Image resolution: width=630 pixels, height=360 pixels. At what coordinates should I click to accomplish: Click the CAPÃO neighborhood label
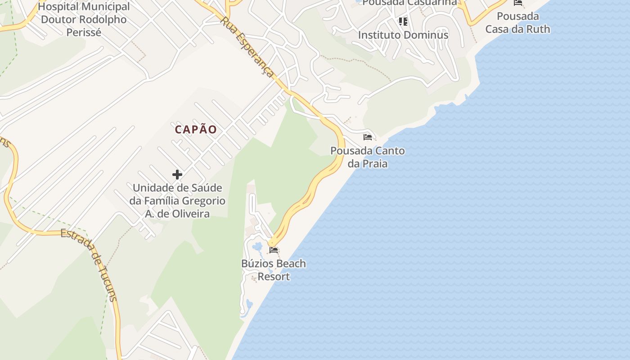coord(196,130)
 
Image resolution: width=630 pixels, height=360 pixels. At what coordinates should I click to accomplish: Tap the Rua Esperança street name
coord(247,48)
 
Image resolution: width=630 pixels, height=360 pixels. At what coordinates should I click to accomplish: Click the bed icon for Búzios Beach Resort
coord(274,250)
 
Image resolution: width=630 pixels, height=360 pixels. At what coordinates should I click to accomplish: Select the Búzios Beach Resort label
coord(274,270)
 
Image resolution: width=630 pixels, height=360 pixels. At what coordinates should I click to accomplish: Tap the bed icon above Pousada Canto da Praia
coord(368,137)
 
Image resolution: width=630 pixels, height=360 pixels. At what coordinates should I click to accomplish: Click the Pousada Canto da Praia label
coord(368,157)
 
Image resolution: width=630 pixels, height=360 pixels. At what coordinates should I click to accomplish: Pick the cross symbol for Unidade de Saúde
coord(177,175)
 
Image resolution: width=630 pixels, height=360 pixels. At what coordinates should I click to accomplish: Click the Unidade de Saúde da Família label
coord(177,201)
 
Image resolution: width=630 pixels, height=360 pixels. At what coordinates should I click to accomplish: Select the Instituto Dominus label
coord(403,35)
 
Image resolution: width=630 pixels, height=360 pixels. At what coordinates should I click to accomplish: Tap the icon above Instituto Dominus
coord(403,21)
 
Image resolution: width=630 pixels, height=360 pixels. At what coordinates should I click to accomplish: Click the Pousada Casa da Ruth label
coord(518,23)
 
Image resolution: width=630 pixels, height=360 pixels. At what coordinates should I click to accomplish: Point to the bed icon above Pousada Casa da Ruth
coord(518,3)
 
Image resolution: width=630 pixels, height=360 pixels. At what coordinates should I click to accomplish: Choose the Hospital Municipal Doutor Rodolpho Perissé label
coord(84,19)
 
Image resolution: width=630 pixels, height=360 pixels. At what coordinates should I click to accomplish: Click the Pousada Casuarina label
coord(409,3)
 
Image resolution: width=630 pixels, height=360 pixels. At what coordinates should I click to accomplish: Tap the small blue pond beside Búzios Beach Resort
coord(257,247)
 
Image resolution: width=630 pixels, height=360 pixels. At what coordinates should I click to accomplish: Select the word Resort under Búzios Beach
coord(274,277)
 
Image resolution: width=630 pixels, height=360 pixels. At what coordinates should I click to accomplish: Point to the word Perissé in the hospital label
coord(84,32)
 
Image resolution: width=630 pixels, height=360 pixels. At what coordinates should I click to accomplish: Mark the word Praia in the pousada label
coord(373,163)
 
